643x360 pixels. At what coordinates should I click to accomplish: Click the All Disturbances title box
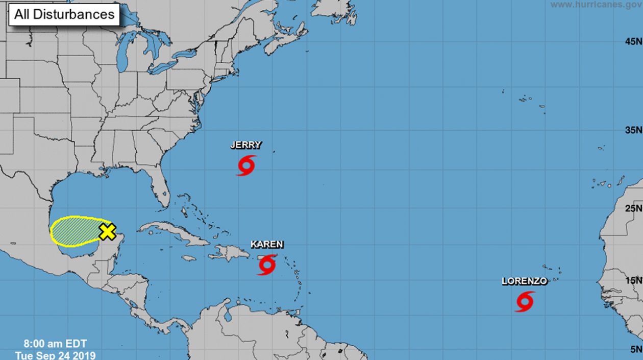tap(64, 14)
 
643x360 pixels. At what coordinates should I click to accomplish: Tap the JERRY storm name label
tap(246, 145)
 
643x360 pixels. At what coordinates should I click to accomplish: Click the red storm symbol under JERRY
tap(246, 165)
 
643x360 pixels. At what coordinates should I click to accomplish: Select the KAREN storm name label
tap(267, 245)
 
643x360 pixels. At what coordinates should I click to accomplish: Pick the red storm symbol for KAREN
tap(267, 265)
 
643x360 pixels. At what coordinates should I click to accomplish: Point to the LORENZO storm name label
tap(525, 281)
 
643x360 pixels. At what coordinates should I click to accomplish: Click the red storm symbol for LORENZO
tap(525, 301)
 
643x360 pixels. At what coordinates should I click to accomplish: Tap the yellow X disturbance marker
tap(107, 231)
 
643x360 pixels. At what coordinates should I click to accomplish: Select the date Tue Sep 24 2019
tap(55, 355)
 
